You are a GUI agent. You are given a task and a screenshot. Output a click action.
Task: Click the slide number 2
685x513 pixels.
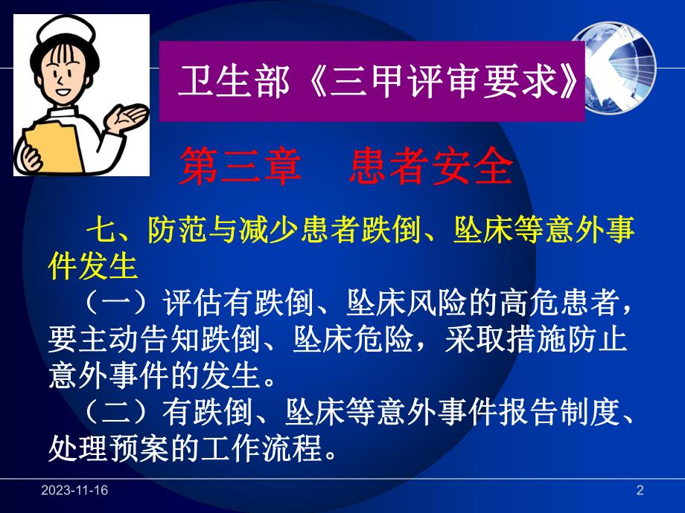(x=640, y=490)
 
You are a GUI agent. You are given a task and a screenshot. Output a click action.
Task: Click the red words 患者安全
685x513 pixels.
(x=431, y=169)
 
